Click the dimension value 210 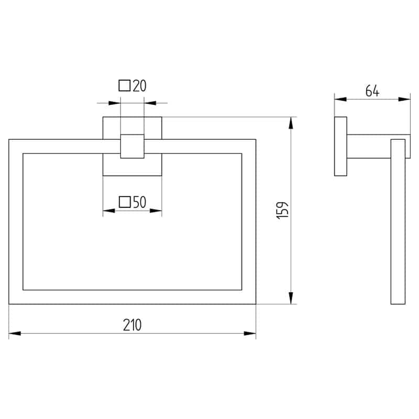133,325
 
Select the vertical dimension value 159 282,211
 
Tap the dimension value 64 372,91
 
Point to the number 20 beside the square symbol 139,86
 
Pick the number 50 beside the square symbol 139,202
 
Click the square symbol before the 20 125,85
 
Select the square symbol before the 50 125,202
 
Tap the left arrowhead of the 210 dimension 15,333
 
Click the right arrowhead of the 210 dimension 250,333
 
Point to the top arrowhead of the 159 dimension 291,123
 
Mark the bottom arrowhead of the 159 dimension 291,298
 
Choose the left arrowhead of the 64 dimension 340,99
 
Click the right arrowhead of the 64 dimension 404,99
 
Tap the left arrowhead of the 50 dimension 109,211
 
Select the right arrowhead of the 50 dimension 156,211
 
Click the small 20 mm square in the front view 133,147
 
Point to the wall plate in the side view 341,147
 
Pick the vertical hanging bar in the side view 398,222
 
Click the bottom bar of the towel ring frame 133,297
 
